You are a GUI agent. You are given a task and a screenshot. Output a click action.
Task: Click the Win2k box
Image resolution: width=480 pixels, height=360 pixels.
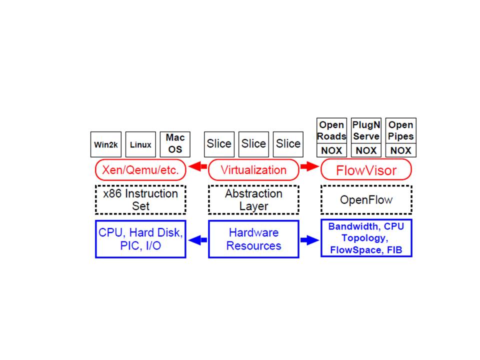click(x=105, y=145)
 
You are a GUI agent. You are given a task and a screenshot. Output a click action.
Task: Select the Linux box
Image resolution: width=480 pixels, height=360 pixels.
click(x=140, y=145)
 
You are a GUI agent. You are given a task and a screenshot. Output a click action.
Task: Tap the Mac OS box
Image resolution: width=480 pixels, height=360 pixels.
click(x=175, y=143)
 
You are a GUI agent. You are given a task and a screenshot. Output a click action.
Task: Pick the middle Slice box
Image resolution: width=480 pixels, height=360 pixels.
click(x=253, y=144)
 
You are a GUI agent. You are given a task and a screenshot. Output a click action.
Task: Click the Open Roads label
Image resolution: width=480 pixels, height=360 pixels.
click(x=331, y=130)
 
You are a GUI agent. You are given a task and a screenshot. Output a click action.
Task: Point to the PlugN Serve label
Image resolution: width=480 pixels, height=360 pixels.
click(x=366, y=130)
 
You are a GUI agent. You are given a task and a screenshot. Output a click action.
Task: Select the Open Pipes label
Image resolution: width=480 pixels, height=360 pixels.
click(x=400, y=130)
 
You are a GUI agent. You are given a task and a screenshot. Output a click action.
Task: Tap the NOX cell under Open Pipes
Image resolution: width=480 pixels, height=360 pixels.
click(x=400, y=150)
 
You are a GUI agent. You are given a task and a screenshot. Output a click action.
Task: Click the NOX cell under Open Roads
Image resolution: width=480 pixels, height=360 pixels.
click(x=331, y=150)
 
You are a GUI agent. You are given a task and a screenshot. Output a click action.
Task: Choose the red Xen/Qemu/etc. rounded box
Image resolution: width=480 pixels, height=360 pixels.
click(x=140, y=170)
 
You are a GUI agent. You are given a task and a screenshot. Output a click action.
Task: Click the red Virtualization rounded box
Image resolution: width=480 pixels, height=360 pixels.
click(x=253, y=170)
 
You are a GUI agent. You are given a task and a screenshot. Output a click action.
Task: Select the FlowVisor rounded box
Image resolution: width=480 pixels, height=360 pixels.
click(x=366, y=170)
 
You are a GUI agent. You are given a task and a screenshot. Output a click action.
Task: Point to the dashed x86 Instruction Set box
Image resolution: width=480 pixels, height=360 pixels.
click(x=140, y=199)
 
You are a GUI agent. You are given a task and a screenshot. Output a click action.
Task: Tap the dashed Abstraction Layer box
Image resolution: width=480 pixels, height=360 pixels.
click(x=253, y=199)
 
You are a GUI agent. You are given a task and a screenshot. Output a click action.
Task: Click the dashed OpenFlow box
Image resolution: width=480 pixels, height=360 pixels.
click(x=366, y=199)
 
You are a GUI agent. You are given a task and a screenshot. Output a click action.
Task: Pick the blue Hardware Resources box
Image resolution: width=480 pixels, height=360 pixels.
click(x=253, y=239)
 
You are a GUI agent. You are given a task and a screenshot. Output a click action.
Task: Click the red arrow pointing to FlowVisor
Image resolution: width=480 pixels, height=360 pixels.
click(x=309, y=170)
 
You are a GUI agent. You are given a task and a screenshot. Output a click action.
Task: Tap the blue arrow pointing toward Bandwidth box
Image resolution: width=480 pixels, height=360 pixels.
click(x=309, y=239)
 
